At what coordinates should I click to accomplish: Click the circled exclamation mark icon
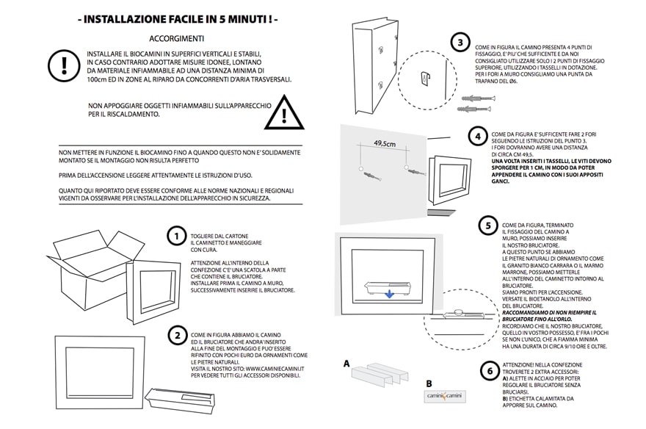(x=64, y=65)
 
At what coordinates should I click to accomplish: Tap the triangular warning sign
(x=283, y=115)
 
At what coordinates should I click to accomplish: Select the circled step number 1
(x=176, y=237)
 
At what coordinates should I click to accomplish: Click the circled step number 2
(x=176, y=336)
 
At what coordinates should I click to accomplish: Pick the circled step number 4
(x=478, y=137)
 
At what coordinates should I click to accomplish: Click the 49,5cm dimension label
(x=385, y=144)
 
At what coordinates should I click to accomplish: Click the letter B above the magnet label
(x=429, y=383)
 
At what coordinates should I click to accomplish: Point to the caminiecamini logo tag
(x=446, y=397)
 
